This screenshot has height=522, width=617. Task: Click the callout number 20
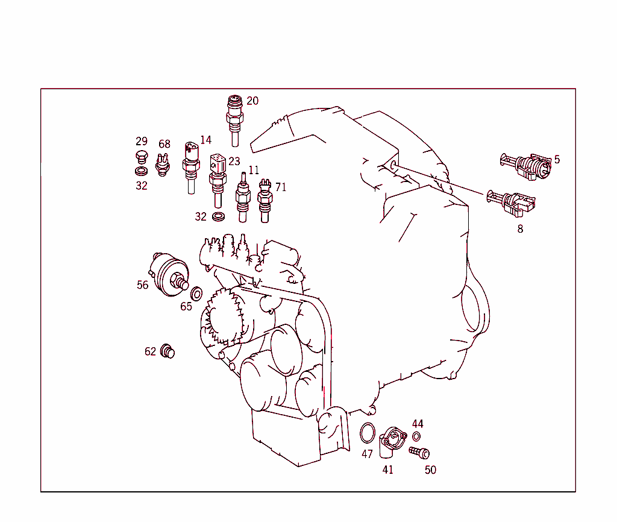tap(252, 101)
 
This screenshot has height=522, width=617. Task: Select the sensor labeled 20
tap(234, 121)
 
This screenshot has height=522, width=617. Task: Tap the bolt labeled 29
tap(142, 157)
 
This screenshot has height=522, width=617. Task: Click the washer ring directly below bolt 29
tap(141, 171)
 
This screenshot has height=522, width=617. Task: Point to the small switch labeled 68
tap(163, 165)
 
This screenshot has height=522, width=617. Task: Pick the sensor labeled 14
tap(191, 168)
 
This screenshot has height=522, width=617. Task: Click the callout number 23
tap(234, 162)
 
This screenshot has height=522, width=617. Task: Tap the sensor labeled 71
tap(265, 201)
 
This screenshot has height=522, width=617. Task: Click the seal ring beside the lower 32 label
tap(218, 216)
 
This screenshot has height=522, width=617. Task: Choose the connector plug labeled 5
tap(526, 166)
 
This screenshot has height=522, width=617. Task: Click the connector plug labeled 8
tap(511, 203)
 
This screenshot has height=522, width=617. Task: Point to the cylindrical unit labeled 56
tap(170, 274)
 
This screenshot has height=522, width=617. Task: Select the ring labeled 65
tap(196, 294)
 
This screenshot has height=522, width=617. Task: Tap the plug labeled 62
tap(168, 351)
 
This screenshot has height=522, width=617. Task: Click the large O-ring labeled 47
tap(368, 433)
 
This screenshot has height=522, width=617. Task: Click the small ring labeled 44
tap(416, 436)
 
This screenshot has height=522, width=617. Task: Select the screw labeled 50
tap(419, 453)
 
